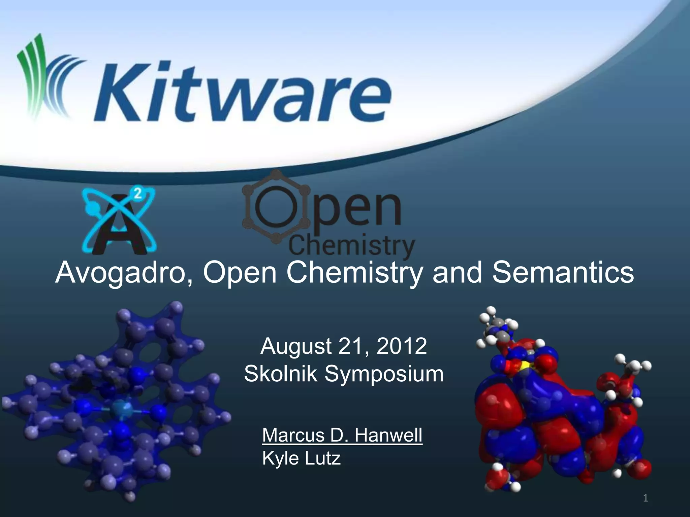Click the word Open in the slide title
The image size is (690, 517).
point(240,273)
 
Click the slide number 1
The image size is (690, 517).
point(646,498)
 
